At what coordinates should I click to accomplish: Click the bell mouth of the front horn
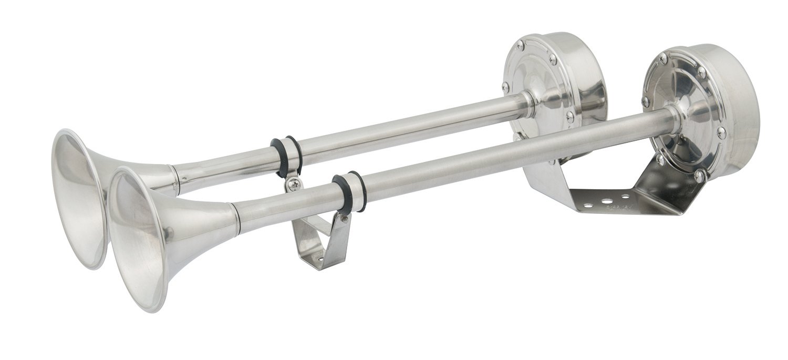click(x=138, y=239)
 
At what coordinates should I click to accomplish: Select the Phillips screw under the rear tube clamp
click(x=294, y=184)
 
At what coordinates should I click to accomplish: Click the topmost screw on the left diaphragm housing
click(x=520, y=45)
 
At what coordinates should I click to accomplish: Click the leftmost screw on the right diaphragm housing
click(x=646, y=101)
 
